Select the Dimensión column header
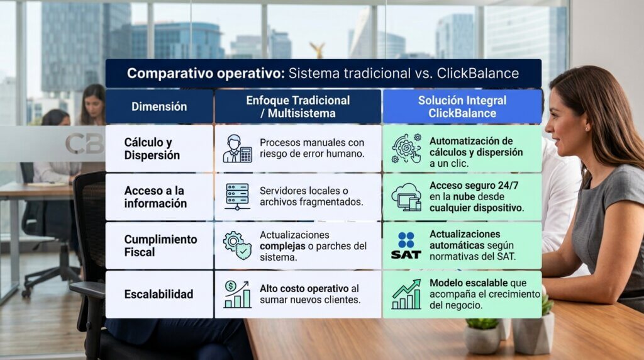coord(159,107)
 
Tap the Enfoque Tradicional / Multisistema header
coord(297,107)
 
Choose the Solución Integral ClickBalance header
coord(462,107)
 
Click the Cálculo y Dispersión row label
coord(152,149)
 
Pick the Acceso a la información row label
coord(155,197)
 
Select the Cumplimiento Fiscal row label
coord(160,245)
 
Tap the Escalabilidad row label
coord(158,295)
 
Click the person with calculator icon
coord(237,149)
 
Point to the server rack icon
coord(237,197)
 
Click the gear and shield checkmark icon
coord(237,245)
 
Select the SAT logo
coord(406,245)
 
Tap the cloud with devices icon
coord(406,197)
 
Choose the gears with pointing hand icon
coord(406,149)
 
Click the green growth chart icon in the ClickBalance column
coord(406,295)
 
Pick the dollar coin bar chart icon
coord(237,295)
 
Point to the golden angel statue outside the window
coord(318,50)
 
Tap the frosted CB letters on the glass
coord(85,143)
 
